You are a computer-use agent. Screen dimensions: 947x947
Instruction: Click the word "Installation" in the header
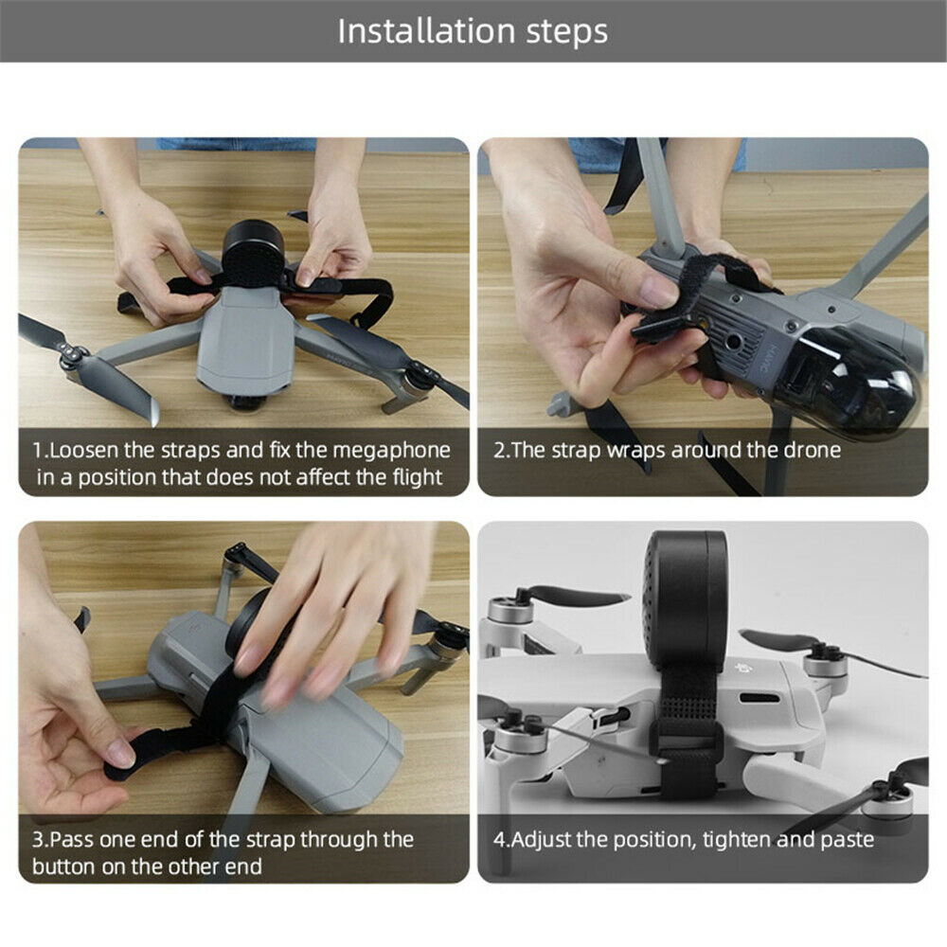tap(426, 31)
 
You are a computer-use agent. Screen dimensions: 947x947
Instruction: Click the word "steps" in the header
tap(566, 32)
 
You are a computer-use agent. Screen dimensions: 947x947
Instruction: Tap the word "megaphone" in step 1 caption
tap(391, 451)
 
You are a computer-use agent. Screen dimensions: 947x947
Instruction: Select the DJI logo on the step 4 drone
tap(742, 670)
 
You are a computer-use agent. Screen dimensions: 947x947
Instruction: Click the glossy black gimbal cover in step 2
tap(846, 371)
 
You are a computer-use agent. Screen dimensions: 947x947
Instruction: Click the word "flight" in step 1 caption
tap(418, 477)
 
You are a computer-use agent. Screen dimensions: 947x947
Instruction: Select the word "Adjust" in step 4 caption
tap(542, 840)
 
